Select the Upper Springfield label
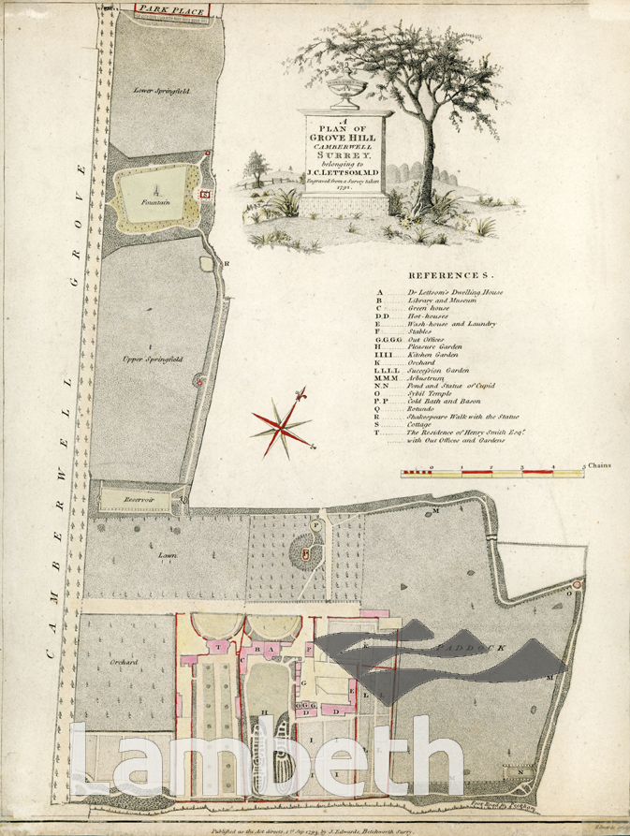coord(150,359)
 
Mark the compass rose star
coord(281,429)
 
